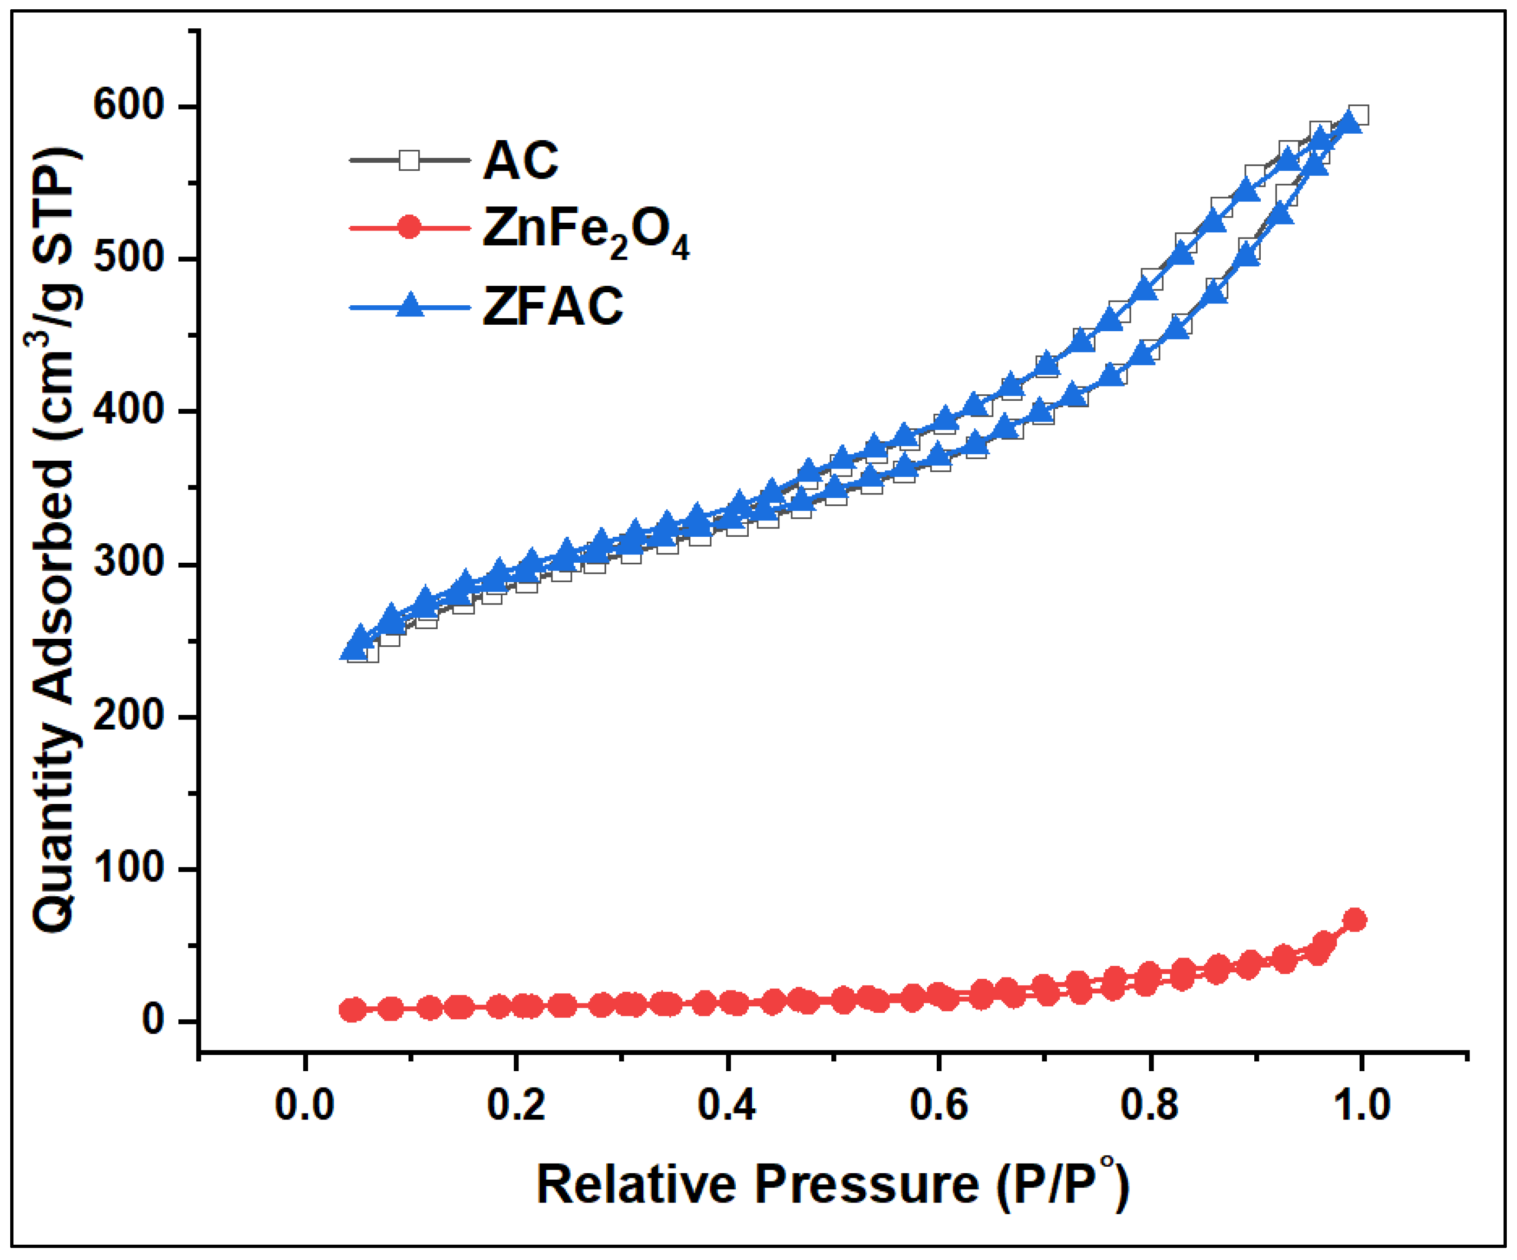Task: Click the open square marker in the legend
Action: click(409, 161)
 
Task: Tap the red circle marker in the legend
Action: click(409, 228)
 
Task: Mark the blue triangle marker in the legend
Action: click(409, 305)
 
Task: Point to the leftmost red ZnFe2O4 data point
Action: click(352, 1010)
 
